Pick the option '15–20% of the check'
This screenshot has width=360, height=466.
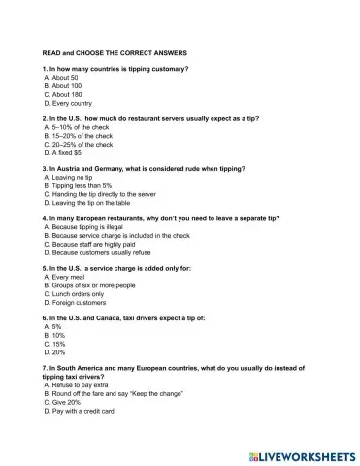point(81,136)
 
